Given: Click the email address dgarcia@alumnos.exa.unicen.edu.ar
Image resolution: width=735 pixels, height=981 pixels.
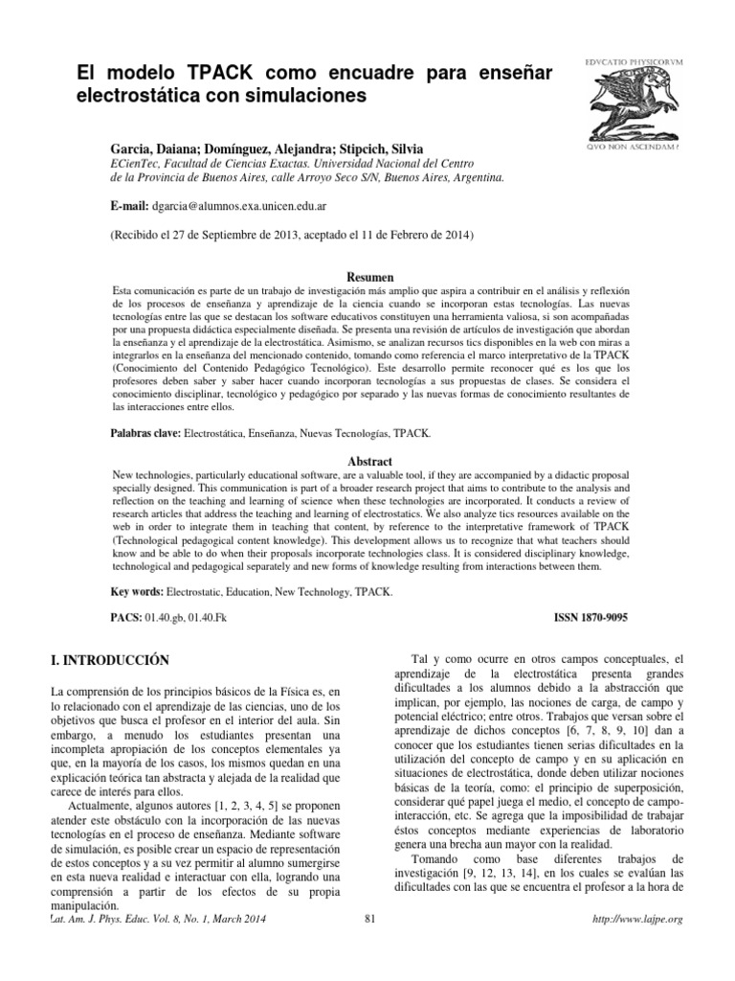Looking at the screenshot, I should [245, 206].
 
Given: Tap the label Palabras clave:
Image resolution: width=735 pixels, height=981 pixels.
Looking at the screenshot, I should [145, 434].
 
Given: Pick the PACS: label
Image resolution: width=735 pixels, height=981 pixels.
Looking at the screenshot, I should [128, 620].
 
